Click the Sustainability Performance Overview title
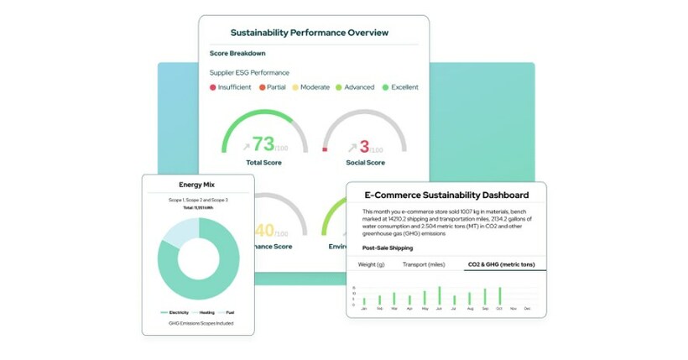[x=310, y=33]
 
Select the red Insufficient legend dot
[x=213, y=87]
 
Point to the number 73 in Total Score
[x=263, y=144]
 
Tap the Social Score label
[x=365, y=162]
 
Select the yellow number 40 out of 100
[x=263, y=229]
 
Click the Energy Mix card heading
[x=197, y=185]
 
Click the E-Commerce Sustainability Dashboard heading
[x=446, y=195]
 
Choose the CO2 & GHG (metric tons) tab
[x=493, y=265]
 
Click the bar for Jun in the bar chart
[x=439, y=295]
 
